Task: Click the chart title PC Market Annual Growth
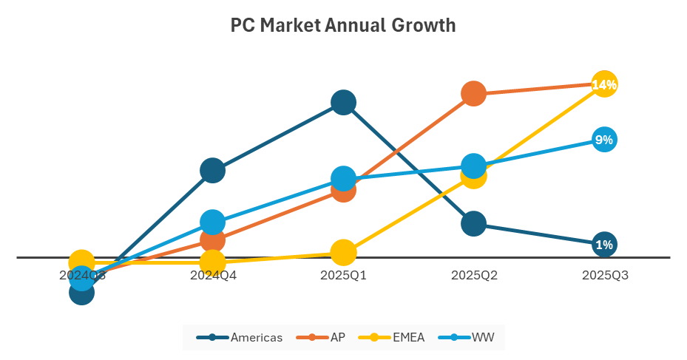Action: coord(343,26)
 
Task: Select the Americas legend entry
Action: coord(240,338)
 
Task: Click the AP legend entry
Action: coord(321,338)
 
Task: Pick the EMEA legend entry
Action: coord(391,338)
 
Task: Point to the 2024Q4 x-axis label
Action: coord(213,276)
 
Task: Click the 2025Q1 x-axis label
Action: coord(343,276)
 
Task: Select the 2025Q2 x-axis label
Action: coord(474,276)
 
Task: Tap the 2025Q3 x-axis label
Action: coord(604,276)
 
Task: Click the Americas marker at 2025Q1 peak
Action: coord(343,102)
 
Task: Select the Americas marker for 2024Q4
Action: coord(213,170)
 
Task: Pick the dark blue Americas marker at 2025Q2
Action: coord(474,223)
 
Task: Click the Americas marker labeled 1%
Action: coord(604,245)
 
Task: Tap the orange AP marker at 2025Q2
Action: coord(474,94)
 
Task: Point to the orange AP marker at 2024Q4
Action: coord(213,240)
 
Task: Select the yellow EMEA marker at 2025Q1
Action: coord(343,252)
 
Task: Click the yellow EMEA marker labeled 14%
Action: coord(604,84)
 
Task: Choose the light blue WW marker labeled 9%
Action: coord(604,140)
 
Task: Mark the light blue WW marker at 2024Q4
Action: coord(213,222)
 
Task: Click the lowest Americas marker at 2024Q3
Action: coord(82,293)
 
